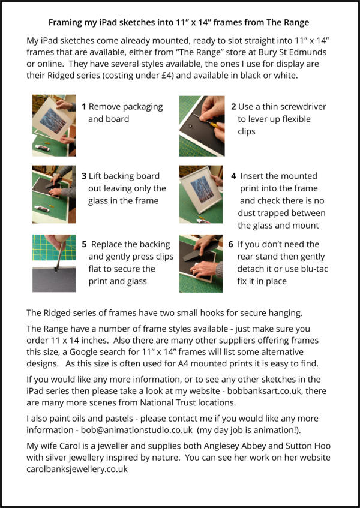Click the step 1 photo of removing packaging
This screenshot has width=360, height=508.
click(x=54, y=125)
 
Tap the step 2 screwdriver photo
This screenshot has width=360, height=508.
click(x=202, y=126)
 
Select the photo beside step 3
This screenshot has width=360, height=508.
click(x=54, y=194)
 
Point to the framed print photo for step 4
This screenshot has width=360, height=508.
click(x=201, y=194)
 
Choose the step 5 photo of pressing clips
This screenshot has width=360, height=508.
click(x=54, y=263)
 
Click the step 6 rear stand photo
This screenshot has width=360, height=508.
click(x=201, y=263)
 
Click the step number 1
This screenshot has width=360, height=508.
click(x=84, y=107)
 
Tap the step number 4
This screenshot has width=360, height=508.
click(x=233, y=176)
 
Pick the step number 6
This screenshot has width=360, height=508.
click(x=231, y=244)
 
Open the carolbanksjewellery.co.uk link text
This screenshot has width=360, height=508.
click(x=77, y=469)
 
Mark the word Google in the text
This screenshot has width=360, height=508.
click(x=83, y=352)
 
